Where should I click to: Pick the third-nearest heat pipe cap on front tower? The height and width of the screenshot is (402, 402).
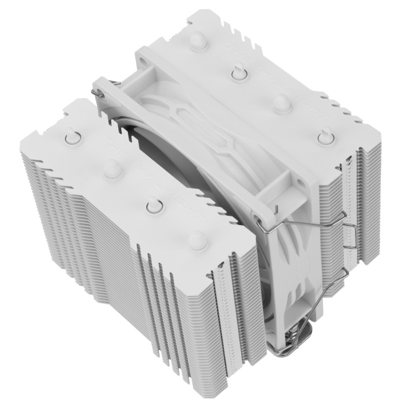point(113,168)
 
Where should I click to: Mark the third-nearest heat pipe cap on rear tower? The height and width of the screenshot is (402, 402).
point(237,73)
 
